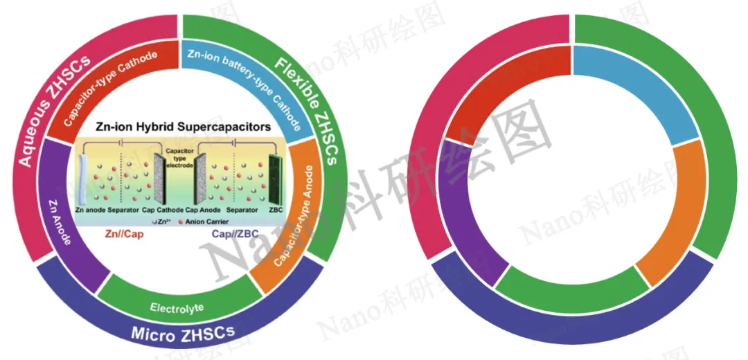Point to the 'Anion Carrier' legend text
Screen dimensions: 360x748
coord(206,222)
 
